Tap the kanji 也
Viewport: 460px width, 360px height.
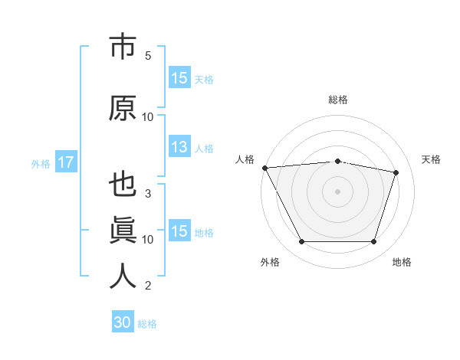point(123,186)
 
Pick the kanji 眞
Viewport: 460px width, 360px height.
point(123,230)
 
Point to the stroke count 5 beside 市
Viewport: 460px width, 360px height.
point(148,56)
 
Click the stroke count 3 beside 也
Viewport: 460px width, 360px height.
point(148,194)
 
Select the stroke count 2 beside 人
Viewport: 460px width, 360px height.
point(148,286)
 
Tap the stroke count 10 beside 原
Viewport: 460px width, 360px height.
point(148,117)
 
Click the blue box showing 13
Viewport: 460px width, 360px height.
point(179,147)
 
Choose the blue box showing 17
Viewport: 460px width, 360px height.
point(65,162)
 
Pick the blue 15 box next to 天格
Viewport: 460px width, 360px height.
point(179,78)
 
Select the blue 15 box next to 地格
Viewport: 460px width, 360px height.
point(179,231)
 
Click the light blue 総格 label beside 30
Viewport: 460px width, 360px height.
point(147,324)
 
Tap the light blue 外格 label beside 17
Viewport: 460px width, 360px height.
point(41,164)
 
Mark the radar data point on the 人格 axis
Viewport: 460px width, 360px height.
point(264,168)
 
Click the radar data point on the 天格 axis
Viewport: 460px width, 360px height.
point(396,172)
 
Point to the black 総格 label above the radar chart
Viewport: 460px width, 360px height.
point(338,100)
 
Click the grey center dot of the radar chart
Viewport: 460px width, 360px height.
point(338,191)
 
